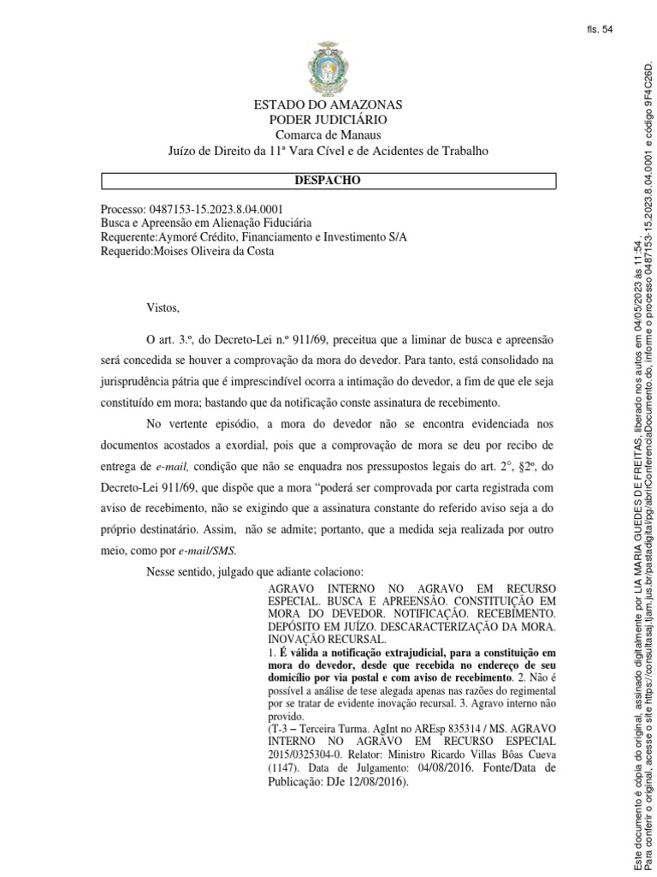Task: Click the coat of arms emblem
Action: pyautogui.click(x=328, y=69)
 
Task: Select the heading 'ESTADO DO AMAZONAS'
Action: pyautogui.click(x=328, y=104)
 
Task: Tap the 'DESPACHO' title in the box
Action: pyautogui.click(x=328, y=181)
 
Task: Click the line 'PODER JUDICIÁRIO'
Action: pyautogui.click(x=328, y=120)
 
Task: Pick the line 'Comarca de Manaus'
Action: pyautogui.click(x=328, y=135)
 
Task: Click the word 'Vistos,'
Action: pyautogui.click(x=164, y=307)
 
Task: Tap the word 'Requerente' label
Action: pyautogui.click(x=128, y=238)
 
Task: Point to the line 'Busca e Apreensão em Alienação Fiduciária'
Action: pyautogui.click(x=205, y=224)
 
